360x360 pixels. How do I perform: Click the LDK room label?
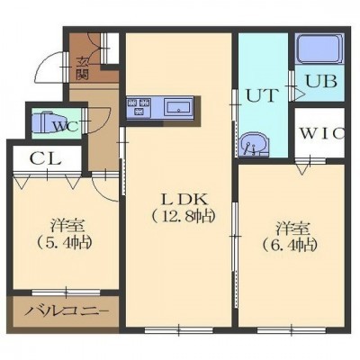click(184, 199)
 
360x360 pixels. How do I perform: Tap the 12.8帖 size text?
click(184, 216)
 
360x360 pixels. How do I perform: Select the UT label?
click(260, 95)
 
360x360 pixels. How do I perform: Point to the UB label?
click(320, 81)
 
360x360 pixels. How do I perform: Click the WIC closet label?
click(322, 134)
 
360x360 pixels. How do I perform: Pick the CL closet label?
click(46, 158)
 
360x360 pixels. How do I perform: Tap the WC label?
click(66, 126)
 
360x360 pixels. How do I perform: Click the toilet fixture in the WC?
click(44, 122)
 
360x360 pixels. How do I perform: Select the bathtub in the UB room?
click(319, 48)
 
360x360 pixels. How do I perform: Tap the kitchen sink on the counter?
click(178, 107)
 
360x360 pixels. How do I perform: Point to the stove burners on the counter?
click(139, 107)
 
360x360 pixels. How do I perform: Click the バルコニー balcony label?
click(66, 312)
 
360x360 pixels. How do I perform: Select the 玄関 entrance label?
click(82, 68)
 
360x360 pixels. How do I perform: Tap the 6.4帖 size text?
click(290, 246)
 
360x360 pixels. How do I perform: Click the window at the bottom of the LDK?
click(178, 330)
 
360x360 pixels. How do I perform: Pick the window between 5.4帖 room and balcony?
click(66, 292)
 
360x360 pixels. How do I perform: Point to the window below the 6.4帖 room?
click(292, 330)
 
